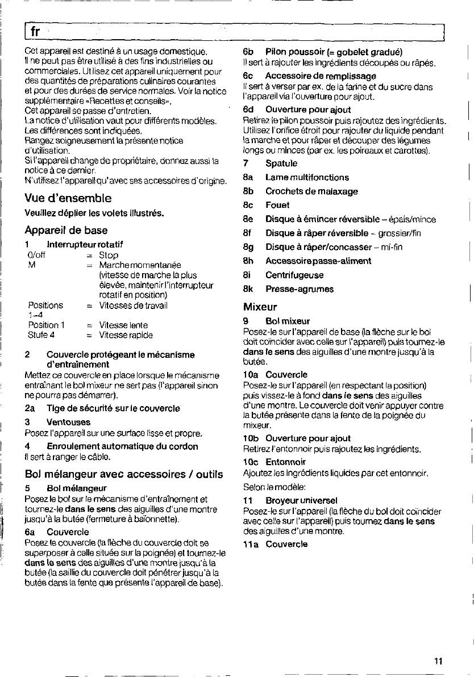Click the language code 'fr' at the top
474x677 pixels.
35,32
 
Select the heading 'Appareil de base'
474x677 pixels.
66,231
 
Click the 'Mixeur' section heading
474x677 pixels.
260,307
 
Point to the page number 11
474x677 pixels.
437,661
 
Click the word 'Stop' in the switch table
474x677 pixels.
109,256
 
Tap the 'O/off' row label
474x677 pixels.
36,256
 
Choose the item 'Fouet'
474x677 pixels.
277,205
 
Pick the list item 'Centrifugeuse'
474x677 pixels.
294,275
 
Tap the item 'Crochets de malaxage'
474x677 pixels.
311,191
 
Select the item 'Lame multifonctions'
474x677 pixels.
307,178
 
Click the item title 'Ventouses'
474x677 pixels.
68,423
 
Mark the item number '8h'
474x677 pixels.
247,261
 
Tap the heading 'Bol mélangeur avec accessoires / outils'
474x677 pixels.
124,474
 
